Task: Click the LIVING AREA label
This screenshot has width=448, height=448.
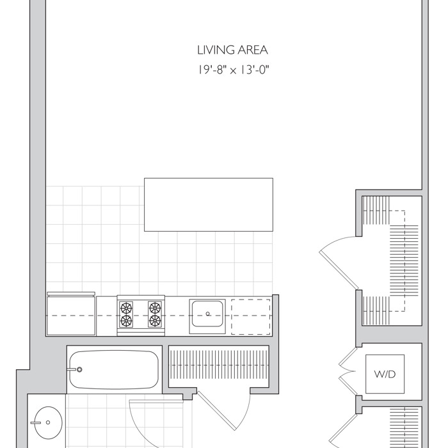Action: click(232, 51)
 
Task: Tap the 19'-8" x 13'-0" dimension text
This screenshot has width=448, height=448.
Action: click(234, 70)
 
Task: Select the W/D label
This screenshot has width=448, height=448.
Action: click(385, 374)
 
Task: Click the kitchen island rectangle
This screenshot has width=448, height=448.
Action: click(209, 205)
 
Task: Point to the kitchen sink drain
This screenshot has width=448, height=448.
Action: click(208, 314)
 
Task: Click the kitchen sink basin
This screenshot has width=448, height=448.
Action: click(207, 314)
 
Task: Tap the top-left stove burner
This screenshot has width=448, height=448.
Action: click(126, 308)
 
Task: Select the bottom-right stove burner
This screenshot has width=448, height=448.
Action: click(155, 321)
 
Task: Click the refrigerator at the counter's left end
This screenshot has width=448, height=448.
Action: click(71, 314)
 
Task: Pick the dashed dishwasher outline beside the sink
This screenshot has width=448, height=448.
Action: click(251, 317)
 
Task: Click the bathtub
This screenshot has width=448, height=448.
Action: click(115, 369)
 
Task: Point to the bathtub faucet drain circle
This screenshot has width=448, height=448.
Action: click(79, 369)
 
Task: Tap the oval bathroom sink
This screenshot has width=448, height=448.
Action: click(48, 422)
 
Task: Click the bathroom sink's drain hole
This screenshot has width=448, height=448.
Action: click(48, 422)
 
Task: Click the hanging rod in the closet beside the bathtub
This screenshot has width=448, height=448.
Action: click(219, 365)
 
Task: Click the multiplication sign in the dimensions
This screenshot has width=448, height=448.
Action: click(234, 71)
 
